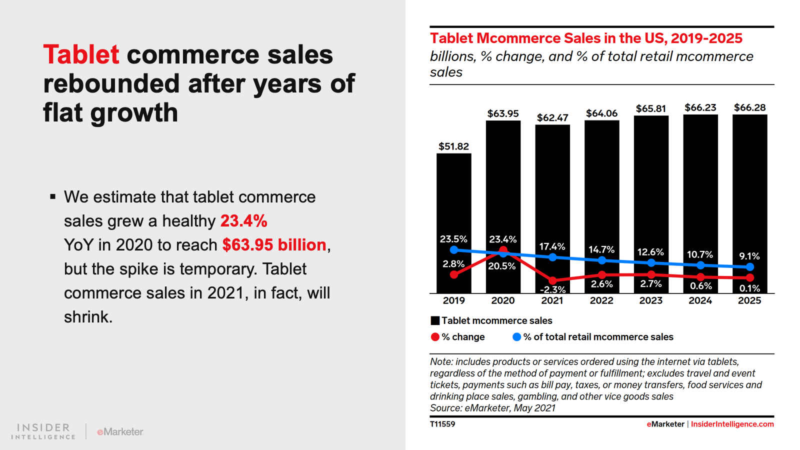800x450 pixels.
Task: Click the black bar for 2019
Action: click(453, 200)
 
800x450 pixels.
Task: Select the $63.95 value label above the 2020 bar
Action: click(503, 113)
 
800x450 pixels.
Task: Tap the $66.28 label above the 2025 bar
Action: click(749, 107)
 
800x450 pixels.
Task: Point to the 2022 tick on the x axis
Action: click(601, 300)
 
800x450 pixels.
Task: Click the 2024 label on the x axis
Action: click(700, 300)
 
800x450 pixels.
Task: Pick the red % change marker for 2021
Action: click(552, 280)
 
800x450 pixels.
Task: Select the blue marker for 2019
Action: click(454, 249)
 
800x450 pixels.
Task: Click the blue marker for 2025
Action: click(749, 267)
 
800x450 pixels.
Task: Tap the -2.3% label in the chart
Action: click(552, 289)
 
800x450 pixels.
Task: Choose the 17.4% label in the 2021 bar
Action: click(552, 246)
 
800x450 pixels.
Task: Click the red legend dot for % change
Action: click(435, 337)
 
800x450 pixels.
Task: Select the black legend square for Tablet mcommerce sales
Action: click(435, 320)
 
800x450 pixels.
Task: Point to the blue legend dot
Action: click(517, 337)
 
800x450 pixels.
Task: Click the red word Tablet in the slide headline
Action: click(81, 54)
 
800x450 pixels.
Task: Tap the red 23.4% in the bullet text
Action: click(244, 220)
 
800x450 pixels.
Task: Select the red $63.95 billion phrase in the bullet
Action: click(274, 244)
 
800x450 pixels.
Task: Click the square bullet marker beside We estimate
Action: click(52, 197)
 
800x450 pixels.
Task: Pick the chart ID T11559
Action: click(442, 424)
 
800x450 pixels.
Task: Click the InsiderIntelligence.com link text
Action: click(732, 424)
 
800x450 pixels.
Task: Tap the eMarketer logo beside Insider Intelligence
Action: click(120, 431)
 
